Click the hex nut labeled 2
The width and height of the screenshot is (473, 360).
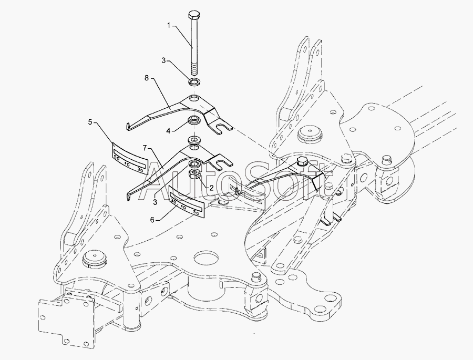pyautogui.click(x=194, y=173)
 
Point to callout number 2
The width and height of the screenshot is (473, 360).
pyautogui.click(x=211, y=187)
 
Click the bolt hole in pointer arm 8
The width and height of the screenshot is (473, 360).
pyautogui.click(x=195, y=98)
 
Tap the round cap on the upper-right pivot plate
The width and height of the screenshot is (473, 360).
pyautogui.click(x=307, y=134)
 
